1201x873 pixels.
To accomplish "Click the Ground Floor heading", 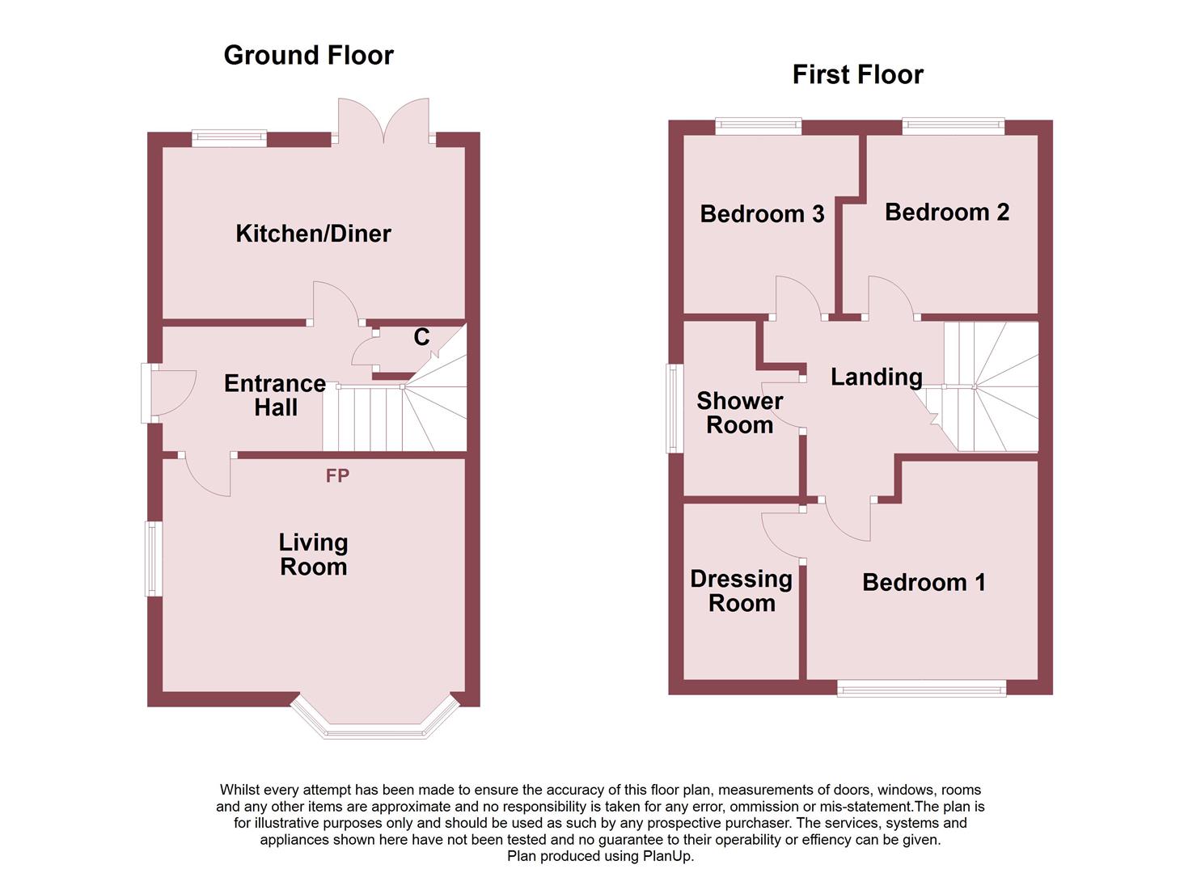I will point(308,55).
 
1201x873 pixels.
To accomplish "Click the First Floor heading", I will point(857,74).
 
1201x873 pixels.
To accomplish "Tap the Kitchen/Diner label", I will point(313,234).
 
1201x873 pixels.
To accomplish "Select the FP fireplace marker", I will point(337,476).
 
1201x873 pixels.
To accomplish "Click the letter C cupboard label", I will point(421,337).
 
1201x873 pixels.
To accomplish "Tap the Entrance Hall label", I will point(275,395).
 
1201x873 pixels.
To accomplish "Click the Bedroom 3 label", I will point(762,213).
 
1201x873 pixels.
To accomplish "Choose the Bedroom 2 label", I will point(947,212).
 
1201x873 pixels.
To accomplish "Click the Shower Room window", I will point(670,408).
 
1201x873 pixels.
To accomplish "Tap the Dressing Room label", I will point(741,591).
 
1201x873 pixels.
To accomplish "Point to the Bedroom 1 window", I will point(921,689).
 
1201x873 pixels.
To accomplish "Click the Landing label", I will point(877,377).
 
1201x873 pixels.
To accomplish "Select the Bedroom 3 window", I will point(758,125).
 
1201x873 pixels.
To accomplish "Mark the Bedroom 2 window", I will point(953,125).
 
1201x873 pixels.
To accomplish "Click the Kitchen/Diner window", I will point(229,138).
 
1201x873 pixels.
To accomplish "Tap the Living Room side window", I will point(151,559).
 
